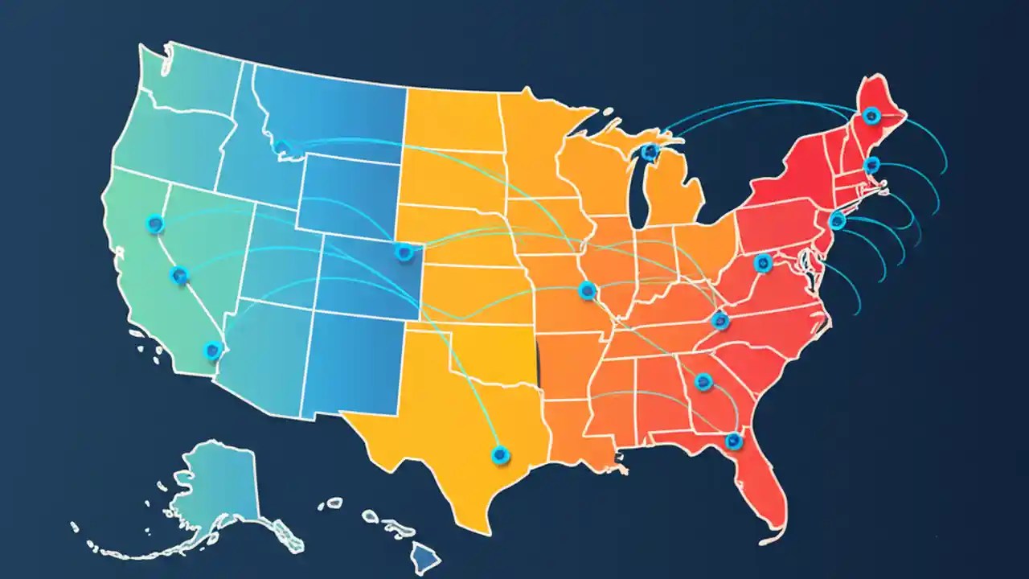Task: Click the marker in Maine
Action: [871, 117]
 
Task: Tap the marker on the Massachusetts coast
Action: [871, 166]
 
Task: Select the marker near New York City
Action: [837, 220]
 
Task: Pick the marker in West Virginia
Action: [762, 262]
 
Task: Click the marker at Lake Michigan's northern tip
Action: [650, 151]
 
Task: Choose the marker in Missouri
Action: [587, 290]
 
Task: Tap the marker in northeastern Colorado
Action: [404, 253]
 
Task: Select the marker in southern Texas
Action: [500, 455]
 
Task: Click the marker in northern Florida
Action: [733, 441]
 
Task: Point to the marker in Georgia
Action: [703, 382]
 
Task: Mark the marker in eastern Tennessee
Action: [719, 322]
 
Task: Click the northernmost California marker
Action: [155, 224]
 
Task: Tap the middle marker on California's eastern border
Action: [179, 276]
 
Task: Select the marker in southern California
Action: [212, 350]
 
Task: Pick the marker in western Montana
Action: [282, 148]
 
